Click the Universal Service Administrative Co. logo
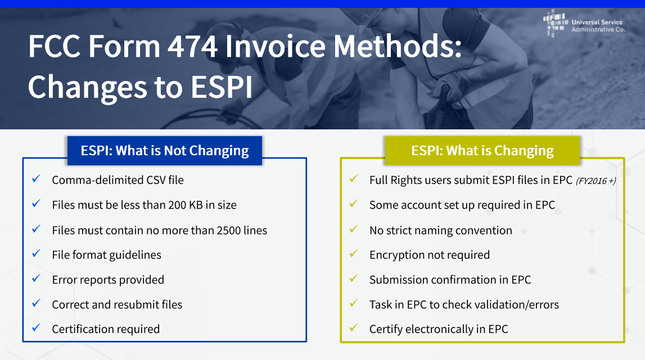(584, 24)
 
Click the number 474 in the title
(192, 46)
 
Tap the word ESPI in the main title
(222, 87)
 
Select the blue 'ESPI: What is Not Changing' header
(165, 151)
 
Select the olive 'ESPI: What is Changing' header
(482, 151)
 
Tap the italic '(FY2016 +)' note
(596, 181)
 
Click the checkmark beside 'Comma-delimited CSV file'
(36, 178)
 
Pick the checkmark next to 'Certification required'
(36, 327)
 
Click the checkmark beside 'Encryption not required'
(354, 254)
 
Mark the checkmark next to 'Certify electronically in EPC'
(354, 327)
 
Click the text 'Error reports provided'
(108, 280)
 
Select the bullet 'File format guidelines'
(106, 255)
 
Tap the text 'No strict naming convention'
(440, 231)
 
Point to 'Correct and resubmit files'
(117, 304)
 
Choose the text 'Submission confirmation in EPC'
(450, 280)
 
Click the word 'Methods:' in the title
(398, 46)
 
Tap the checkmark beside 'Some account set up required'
(354, 204)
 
